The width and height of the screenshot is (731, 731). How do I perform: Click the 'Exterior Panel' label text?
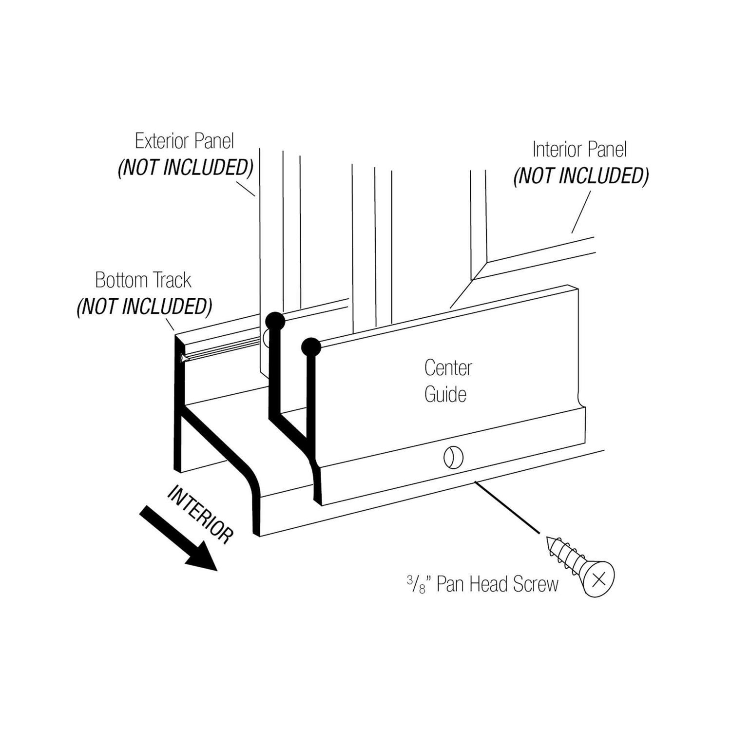[184, 141]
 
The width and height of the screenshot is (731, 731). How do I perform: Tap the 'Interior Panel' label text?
[579, 150]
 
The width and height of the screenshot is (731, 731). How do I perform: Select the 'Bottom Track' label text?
[143, 280]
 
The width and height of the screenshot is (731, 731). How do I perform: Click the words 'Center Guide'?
[447, 381]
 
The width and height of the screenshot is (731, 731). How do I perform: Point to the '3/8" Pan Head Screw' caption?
[482, 584]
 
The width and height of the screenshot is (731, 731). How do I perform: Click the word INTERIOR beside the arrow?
[200, 514]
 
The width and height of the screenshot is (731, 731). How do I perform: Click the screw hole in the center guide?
[453, 457]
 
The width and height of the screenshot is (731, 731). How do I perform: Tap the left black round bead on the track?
[274, 321]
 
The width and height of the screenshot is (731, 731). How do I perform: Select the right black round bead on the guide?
[311, 347]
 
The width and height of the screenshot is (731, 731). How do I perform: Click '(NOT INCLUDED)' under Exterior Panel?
[185, 168]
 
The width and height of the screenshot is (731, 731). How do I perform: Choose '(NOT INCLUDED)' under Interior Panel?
[581, 176]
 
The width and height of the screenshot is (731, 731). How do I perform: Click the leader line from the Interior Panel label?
[581, 212]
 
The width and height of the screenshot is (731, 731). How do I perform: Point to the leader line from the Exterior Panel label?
[246, 188]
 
